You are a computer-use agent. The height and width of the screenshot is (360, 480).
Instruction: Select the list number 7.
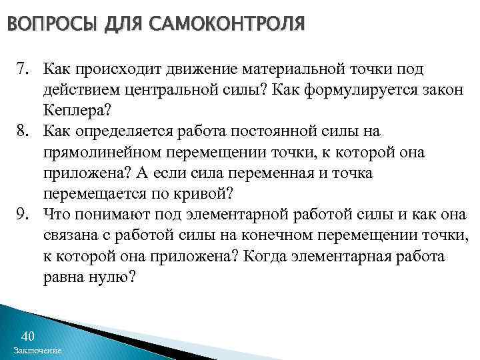point(23,70)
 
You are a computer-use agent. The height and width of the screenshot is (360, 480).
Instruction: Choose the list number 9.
point(23,215)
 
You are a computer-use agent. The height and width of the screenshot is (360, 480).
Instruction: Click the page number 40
point(28,335)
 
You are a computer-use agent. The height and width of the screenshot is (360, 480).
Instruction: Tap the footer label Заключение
point(37,350)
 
